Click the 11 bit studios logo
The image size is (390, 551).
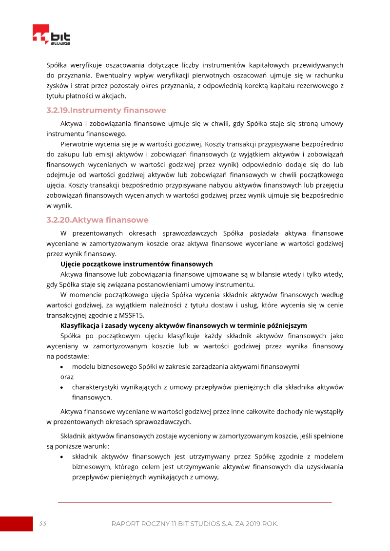coord(51,36)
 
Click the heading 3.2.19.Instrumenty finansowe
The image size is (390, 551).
coord(106,110)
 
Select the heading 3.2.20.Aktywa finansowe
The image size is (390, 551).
coord(97,220)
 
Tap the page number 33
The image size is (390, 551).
coord(42,523)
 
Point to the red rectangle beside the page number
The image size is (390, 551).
coord(16,524)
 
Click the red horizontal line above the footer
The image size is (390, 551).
coord(195,502)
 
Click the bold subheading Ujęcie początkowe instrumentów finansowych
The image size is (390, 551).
coord(136,264)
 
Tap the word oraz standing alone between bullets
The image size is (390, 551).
coord(67,377)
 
